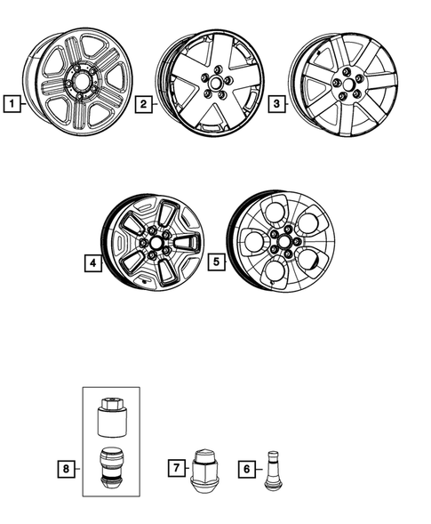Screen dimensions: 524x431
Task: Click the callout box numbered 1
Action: pyautogui.click(x=11, y=105)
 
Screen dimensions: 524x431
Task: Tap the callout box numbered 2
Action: pyautogui.click(x=142, y=105)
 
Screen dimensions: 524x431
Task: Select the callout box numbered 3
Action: pyautogui.click(x=277, y=105)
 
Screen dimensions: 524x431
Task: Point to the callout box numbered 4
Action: pyautogui.click(x=93, y=263)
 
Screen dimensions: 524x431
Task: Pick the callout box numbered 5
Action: pyautogui.click(x=214, y=263)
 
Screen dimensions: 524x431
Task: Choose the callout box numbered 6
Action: pyautogui.click(x=246, y=466)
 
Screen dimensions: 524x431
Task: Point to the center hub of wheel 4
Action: pyautogui.click(x=156, y=243)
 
